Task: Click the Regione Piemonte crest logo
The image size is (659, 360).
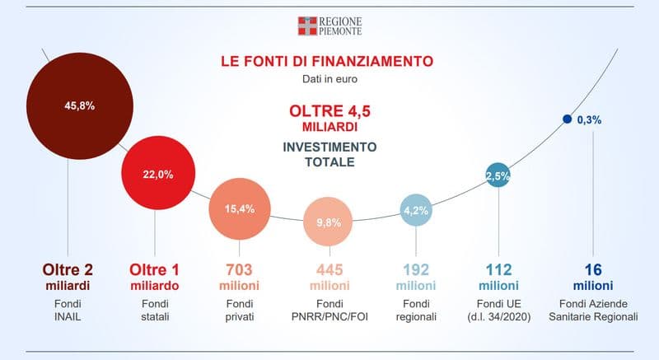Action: coord(306,25)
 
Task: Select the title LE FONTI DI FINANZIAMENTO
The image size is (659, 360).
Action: coord(327,62)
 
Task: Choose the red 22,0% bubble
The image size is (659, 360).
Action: coord(158,174)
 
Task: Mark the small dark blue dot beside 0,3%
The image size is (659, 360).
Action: coord(567,119)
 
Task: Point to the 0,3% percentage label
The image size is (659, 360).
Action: coord(589,119)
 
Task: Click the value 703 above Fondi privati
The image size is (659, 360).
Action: coord(239,269)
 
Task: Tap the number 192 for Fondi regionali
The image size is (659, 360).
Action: coord(416,269)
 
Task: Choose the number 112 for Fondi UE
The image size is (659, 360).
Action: coord(498,269)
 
